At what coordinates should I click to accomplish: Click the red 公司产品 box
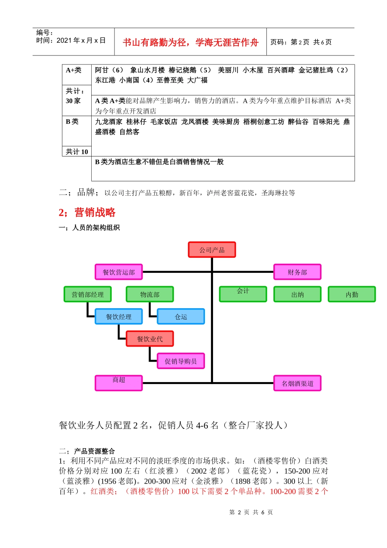(x=212, y=250)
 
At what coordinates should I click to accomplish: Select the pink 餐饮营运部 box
(x=119, y=272)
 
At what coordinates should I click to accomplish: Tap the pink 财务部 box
(x=297, y=272)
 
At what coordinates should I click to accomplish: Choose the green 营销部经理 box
(x=88, y=294)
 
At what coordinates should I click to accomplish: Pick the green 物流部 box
(x=150, y=294)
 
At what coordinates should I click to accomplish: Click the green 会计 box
(x=243, y=294)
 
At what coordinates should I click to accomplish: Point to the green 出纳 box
(x=297, y=294)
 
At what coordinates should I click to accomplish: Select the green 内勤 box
(x=352, y=294)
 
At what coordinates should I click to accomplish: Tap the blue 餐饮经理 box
(x=119, y=316)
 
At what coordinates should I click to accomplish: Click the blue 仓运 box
(x=181, y=316)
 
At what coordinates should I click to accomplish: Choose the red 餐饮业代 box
(x=150, y=338)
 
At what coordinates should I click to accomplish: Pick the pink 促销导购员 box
(x=181, y=361)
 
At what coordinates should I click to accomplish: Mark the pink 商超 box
(x=119, y=383)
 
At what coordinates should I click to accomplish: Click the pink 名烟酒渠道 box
(x=297, y=383)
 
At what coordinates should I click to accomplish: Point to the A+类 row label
(x=74, y=70)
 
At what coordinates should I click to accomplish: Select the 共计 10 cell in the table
(x=77, y=152)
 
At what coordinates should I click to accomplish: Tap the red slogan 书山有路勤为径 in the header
(x=190, y=42)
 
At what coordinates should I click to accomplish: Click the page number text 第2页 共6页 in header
(x=301, y=42)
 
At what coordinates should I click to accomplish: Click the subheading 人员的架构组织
(x=96, y=228)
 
